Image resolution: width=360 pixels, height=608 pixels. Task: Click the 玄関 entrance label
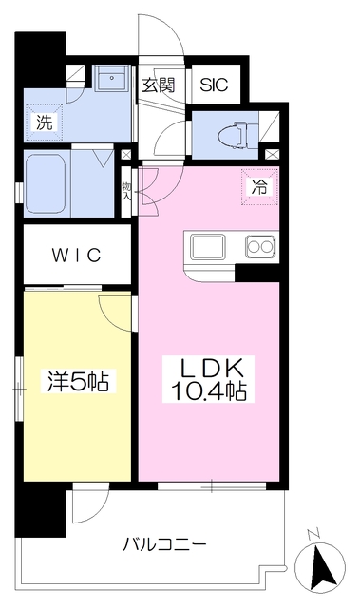[158, 85]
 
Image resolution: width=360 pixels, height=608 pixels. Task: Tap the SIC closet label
[214, 85]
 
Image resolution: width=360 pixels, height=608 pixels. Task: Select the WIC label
[77, 256]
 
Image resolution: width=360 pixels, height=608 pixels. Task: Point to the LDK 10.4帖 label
[208, 380]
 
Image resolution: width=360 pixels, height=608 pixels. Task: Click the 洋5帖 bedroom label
[78, 380]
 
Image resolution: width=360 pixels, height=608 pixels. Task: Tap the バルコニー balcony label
[164, 544]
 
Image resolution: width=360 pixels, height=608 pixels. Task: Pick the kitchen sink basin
[207, 247]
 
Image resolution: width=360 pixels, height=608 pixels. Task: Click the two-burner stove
[260, 247]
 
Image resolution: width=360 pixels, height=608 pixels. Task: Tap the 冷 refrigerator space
[259, 186]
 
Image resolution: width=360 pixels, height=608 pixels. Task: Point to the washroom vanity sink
[112, 78]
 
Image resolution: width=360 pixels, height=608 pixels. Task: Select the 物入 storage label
[126, 190]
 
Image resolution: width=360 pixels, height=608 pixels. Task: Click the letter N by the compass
[313, 535]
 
